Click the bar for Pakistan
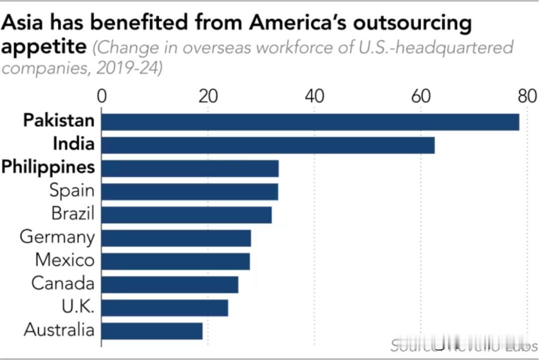click(310, 122)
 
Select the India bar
click(268, 145)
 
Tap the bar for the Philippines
click(190, 169)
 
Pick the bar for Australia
click(152, 331)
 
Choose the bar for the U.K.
click(165, 308)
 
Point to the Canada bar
click(170, 284)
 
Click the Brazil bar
click(187, 215)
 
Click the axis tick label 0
click(102, 96)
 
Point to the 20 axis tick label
click(208, 96)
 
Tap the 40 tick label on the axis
click(314, 96)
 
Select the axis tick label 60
click(421, 96)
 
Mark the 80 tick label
click(527, 96)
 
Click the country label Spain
click(71, 190)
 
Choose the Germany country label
click(57, 237)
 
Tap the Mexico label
click(64, 260)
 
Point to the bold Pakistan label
click(59, 121)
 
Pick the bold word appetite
click(44, 47)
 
